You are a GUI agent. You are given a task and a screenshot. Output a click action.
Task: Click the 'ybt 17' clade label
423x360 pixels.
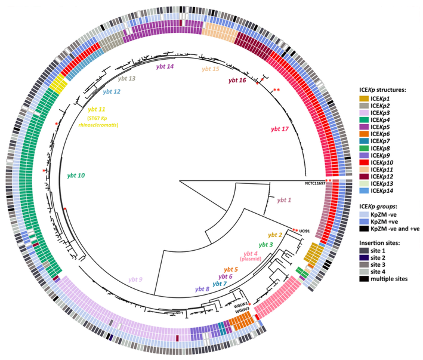[280, 128]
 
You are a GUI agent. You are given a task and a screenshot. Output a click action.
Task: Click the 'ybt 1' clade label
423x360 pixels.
[284, 200]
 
